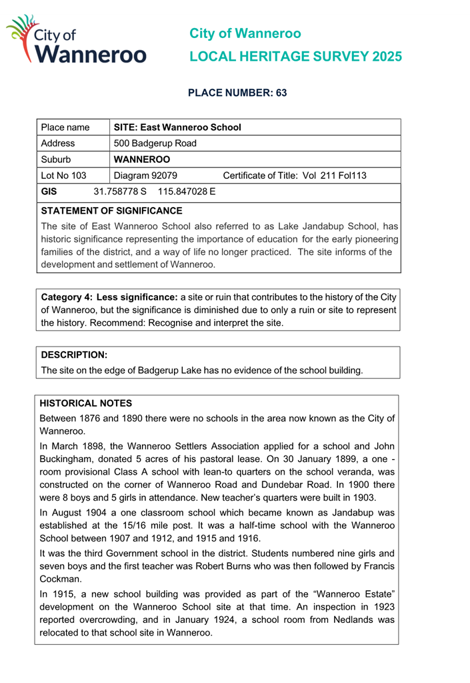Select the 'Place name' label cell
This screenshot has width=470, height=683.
pos(65,127)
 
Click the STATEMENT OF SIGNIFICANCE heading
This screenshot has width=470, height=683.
pos(111,210)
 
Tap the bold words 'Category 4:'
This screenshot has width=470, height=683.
pos(68,296)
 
